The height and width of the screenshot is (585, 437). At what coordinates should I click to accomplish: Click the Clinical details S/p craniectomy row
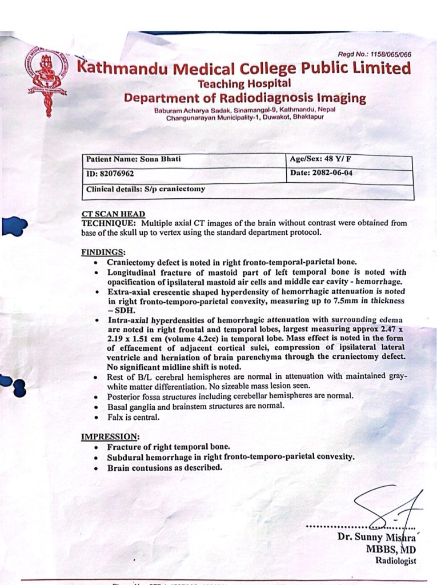coord(145,189)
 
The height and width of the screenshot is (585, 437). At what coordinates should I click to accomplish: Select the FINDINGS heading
coord(103,252)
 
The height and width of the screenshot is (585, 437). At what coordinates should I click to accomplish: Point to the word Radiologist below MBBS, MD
coord(395,560)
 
